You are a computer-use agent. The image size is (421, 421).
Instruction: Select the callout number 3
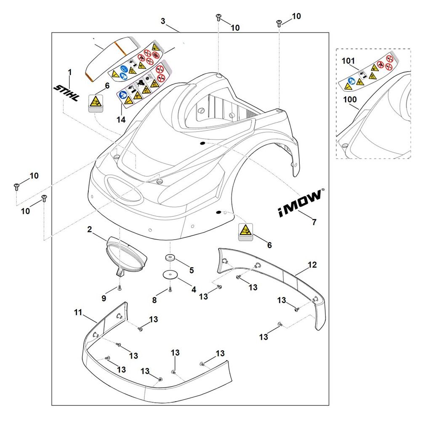[163, 21]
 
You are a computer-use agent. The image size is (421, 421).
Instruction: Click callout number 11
[78, 312]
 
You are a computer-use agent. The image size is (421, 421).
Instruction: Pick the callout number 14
[121, 120]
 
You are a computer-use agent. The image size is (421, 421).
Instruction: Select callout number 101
[348, 61]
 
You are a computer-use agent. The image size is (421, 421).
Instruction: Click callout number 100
[350, 100]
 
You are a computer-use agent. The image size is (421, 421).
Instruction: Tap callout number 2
[90, 229]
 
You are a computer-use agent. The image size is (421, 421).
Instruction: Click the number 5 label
[192, 269]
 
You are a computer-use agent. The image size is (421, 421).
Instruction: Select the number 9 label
[104, 298]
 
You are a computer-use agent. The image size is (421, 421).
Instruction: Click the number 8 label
[155, 300]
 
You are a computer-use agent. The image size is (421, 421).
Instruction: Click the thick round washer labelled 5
[170, 258]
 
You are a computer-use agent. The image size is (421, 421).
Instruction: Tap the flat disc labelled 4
[170, 274]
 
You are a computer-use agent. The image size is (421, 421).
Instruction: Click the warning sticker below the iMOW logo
[246, 232]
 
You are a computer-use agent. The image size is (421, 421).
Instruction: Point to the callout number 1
[70, 72]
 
